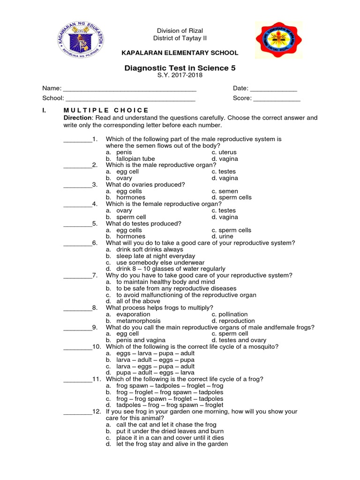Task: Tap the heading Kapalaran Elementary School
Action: pyautogui.click(x=180, y=53)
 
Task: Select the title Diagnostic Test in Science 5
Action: pyautogui.click(x=180, y=68)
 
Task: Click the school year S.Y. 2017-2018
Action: pyautogui.click(x=180, y=76)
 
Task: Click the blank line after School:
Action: pyautogui.click(x=130, y=99)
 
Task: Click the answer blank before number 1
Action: pyautogui.click(x=78, y=140)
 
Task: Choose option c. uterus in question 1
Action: pyautogui.click(x=224, y=152)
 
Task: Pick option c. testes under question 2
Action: pyautogui.click(x=224, y=172)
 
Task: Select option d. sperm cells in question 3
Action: pyautogui.click(x=232, y=197)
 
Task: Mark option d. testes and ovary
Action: pyautogui.click(x=239, y=340)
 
